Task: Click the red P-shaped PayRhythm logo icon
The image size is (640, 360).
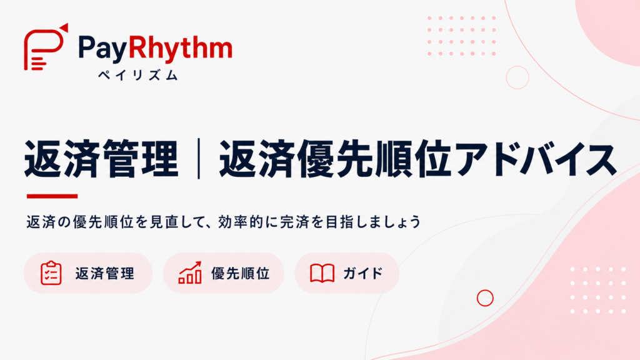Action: pyautogui.click(x=45, y=47)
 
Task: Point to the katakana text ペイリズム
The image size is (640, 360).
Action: pyautogui.click(x=138, y=75)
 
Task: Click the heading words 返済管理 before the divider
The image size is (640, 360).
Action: pyautogui.click(x=101, y=158)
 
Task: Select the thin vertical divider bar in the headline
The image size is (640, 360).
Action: pyautogui.click(x=199, y=158)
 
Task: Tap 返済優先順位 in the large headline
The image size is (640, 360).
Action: pyautogui.click(x=336, y=158)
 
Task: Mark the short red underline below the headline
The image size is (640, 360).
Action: pyautogui.click(x=52, y=196)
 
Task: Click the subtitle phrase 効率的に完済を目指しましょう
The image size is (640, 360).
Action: pyautogui.click(x=319, y=222)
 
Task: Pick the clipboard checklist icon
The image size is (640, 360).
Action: pyautogui.click(x=51, y=272)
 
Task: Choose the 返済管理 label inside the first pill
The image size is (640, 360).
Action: pyautogui.click(x=104, y=273)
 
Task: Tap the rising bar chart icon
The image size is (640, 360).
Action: pyautogui.click(x=190, y=272)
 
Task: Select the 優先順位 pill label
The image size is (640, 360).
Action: pyautogui.click(x=241, y=273)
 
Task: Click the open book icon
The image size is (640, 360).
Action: pyautogui.click(x=322, y=273)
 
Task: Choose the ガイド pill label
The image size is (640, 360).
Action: pyautogui.click(x=363, y=273)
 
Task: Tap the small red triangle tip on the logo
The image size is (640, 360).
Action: pyautogui.click(x=64, y=27)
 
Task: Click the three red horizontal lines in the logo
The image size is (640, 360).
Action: pyautogui.click(x=39, y=64)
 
